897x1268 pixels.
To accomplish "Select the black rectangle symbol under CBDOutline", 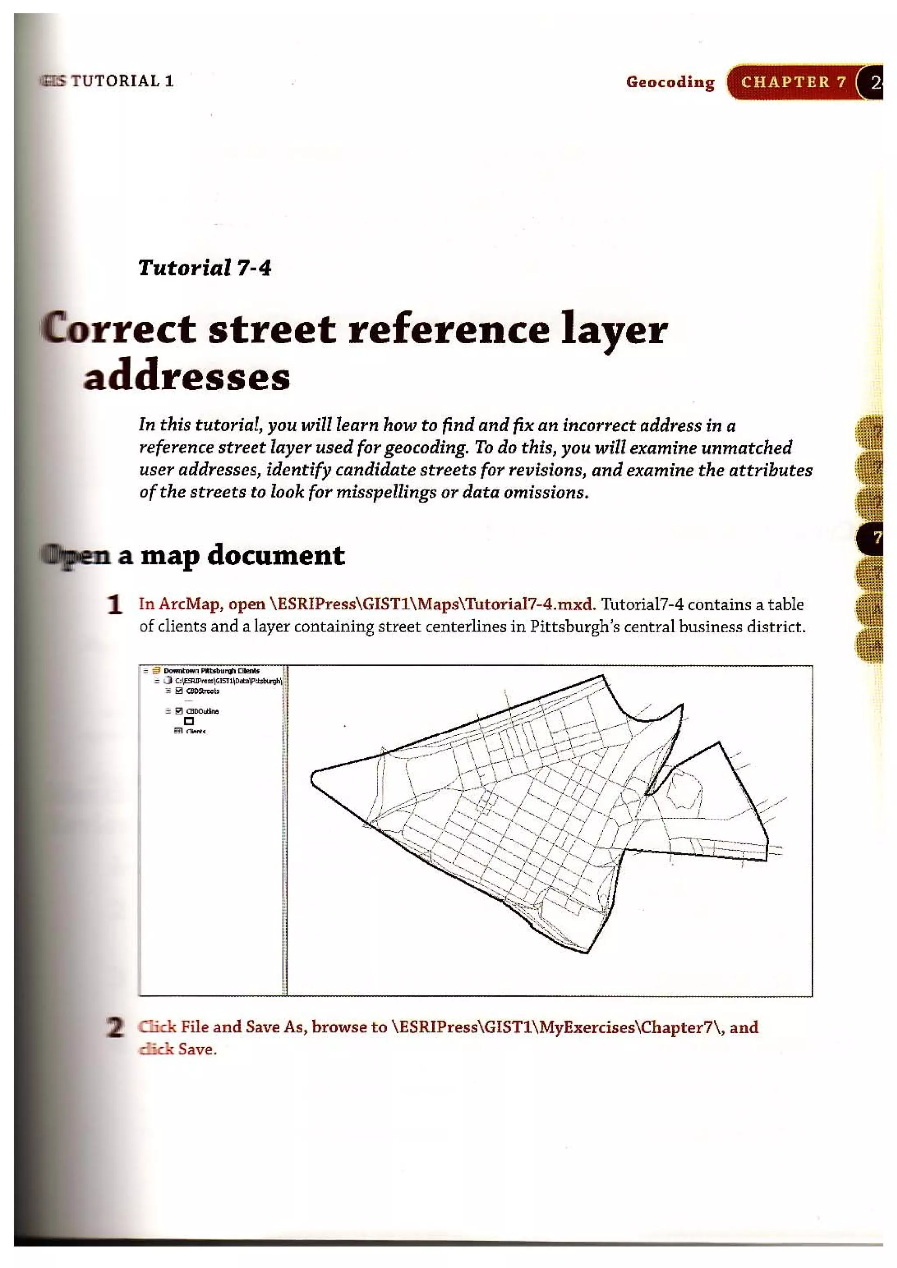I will (189, 721).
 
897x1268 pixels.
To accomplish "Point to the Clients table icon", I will (178, 731).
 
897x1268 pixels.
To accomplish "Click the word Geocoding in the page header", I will (670, 82).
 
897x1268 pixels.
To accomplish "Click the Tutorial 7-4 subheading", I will (205, 268).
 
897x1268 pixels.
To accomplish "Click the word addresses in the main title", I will (187, 378).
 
